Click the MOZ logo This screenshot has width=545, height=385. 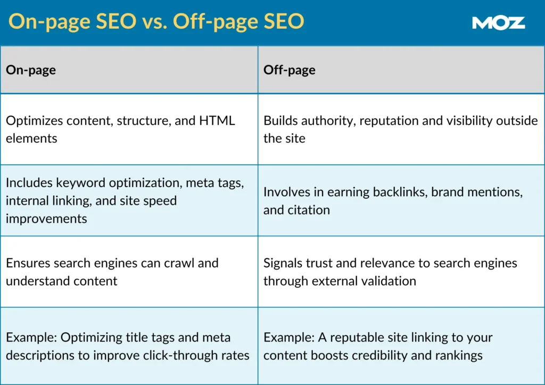(x=498, y=22)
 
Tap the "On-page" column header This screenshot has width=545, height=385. (x=31, y=70)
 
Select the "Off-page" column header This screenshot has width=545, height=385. (x=289, y=70)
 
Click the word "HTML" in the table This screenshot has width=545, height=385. (x=217, y=120)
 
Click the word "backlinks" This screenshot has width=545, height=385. (x=400, y=192)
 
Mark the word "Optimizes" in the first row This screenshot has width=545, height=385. (x=32, y=120)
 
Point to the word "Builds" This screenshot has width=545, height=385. (x=280, y=120)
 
